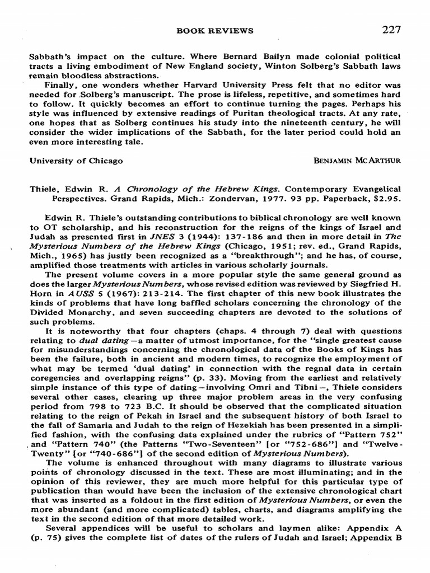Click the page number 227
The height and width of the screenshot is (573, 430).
tap(391, 30)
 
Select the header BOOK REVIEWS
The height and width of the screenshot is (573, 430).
tap(215, 31)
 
